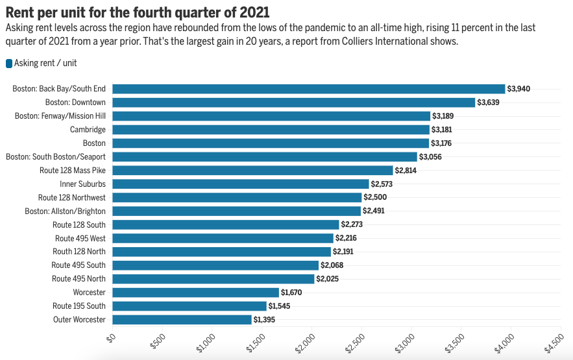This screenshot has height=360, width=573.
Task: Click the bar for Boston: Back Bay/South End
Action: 308,89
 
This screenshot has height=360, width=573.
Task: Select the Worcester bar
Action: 195,293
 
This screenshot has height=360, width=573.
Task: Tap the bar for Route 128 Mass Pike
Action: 252,170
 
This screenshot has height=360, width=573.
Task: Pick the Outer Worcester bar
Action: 182,319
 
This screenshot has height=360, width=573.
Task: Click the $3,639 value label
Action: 489,102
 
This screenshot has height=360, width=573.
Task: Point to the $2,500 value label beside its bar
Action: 375,197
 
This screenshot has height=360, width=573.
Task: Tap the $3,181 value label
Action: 443,130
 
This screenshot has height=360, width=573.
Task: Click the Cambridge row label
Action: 88,130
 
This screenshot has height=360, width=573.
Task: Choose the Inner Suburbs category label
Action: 82,184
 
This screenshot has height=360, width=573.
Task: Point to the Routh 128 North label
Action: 79,252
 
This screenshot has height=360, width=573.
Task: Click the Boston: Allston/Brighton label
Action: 65,211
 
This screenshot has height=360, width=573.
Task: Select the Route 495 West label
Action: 80,238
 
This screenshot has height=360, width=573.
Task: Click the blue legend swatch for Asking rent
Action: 9,64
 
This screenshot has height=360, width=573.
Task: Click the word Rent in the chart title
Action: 20,12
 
